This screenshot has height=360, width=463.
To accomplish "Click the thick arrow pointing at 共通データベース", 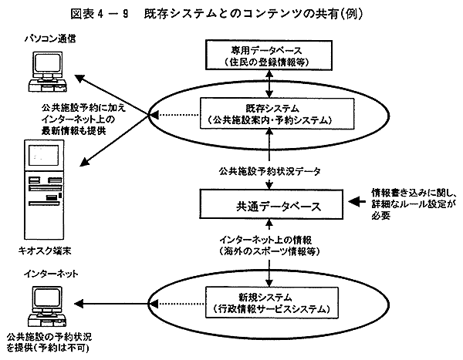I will [354, 204].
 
